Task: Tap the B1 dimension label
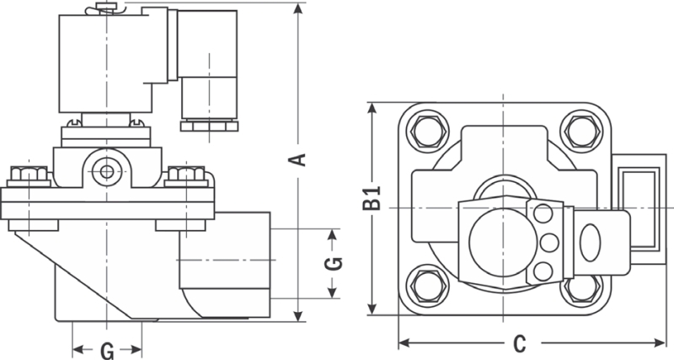click(x=372, y=203)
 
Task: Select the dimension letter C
click(x=520, y=343)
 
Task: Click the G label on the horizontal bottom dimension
click(x=107, y=348)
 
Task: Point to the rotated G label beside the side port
click(x=334, y=262)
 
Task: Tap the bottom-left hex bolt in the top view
click(x=424, y=287)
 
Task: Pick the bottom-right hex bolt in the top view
click(x=581, y=287)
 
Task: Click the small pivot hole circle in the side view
click(x=106, y=171)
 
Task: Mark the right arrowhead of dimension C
click(x=661, y=343)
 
